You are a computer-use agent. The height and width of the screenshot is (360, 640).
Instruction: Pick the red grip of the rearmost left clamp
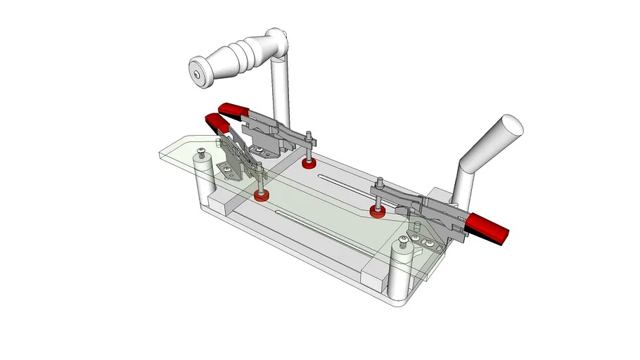point(236,110)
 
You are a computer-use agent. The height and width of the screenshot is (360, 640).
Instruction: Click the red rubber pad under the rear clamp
point(307,164)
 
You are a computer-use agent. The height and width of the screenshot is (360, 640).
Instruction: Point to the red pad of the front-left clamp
point(262,195)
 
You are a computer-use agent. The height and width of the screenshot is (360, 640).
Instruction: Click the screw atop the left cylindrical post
point(203,153)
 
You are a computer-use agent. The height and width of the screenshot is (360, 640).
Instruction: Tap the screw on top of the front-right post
point(402,242)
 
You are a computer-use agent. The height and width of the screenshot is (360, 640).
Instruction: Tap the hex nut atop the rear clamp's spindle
point(307,133)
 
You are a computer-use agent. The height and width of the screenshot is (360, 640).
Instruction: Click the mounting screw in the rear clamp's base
point(262,150)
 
